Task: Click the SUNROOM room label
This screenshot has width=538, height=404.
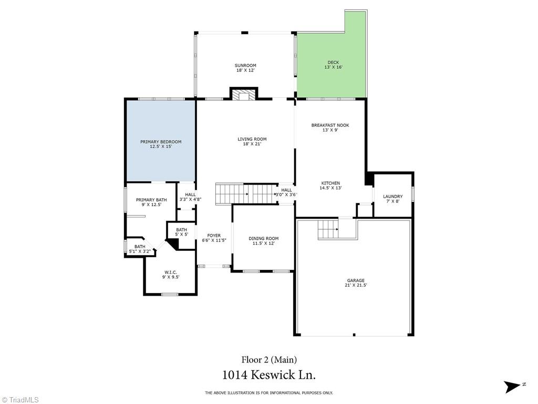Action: tap(245, 65)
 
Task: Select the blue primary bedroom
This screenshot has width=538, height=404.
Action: tap(161, 140)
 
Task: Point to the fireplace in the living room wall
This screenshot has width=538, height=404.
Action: tap(244, 94)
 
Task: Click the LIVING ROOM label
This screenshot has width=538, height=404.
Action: tap(252, 139)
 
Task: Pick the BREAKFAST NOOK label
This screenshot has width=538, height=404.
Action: tap(330, 125)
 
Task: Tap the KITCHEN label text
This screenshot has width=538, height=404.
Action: tap(330, 183)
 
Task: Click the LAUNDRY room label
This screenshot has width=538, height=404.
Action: tap(393, 197)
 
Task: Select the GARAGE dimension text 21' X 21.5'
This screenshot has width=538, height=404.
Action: tap(356, 285)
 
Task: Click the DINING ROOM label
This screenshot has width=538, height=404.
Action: tap(264, 238)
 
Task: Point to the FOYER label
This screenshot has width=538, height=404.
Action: tap(214, 236)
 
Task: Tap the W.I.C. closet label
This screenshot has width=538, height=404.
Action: tap(171, 272)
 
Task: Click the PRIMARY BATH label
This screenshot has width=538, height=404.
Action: tap(151, 200)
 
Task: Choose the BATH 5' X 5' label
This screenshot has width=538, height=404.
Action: tap(181, 232)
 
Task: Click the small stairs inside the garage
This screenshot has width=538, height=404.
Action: tap(328, 229)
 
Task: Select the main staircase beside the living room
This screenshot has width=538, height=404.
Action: tap(246, 194)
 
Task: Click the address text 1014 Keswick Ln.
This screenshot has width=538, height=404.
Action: tap(268, 375)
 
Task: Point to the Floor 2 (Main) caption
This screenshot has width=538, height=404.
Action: tap(269, 360)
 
